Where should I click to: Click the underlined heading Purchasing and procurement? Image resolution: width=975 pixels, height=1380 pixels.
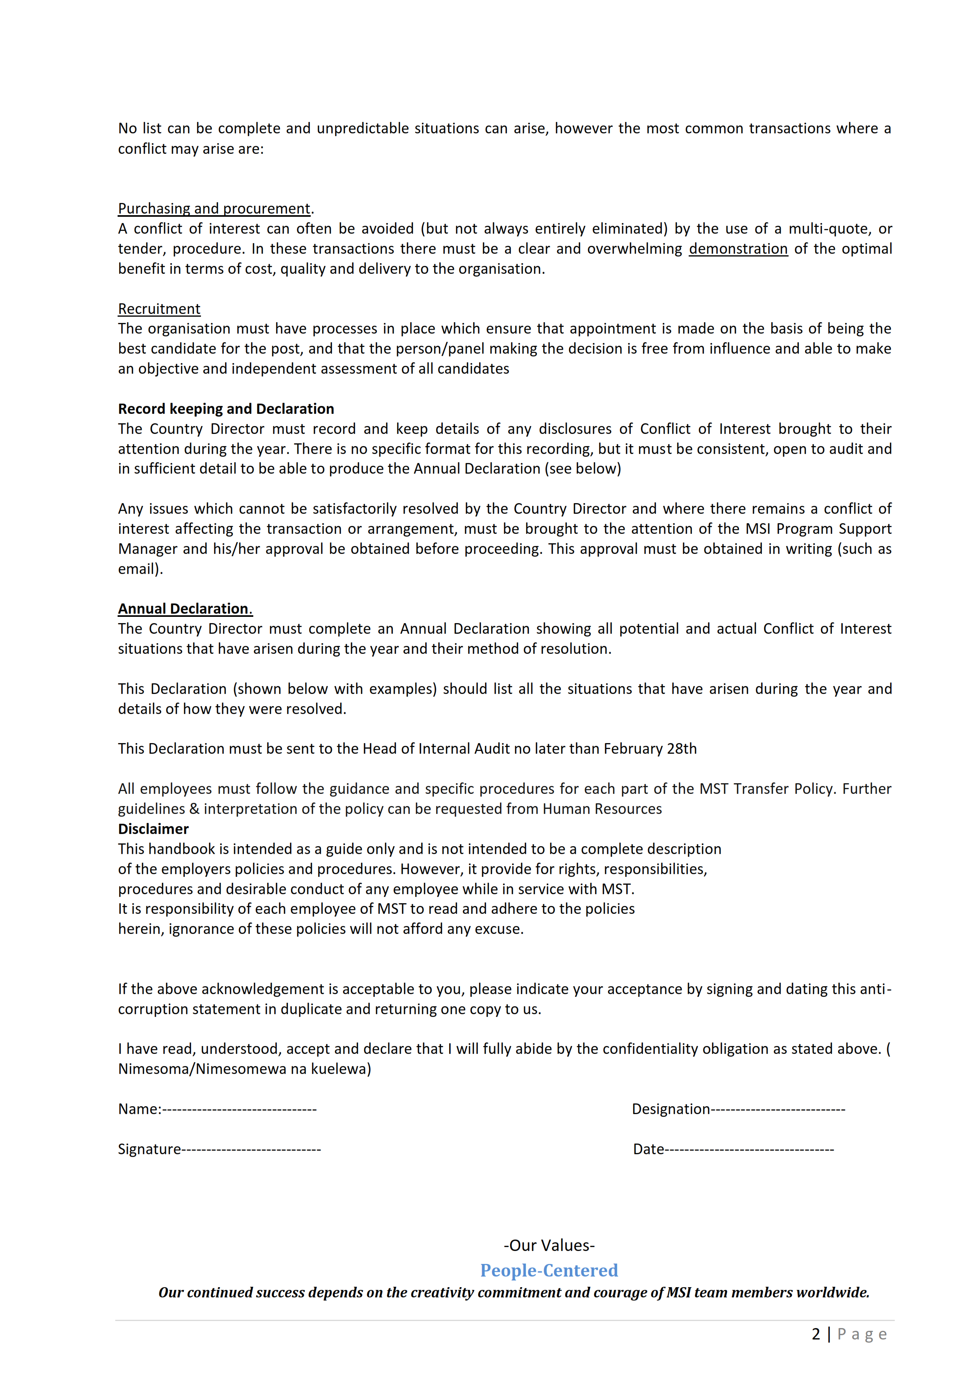[214, 208]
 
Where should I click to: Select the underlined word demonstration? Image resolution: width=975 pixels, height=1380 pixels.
[738, 249]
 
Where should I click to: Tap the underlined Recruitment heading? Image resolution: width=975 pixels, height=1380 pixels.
[159, 309]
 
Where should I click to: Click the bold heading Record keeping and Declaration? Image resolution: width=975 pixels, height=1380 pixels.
[226, 409]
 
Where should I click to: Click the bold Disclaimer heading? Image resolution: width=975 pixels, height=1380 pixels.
[153, 829]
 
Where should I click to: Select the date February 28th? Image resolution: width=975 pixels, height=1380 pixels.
[650, 749]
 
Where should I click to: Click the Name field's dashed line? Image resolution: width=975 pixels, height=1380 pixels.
[239, 1109]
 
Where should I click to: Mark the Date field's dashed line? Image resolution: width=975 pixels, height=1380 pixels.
[750, 1150]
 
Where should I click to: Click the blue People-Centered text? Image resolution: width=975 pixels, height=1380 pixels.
[549, 1271]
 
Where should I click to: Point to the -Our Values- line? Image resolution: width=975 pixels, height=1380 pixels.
[549, 1245]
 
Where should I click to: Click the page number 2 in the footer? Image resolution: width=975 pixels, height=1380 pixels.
[816, 1334]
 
